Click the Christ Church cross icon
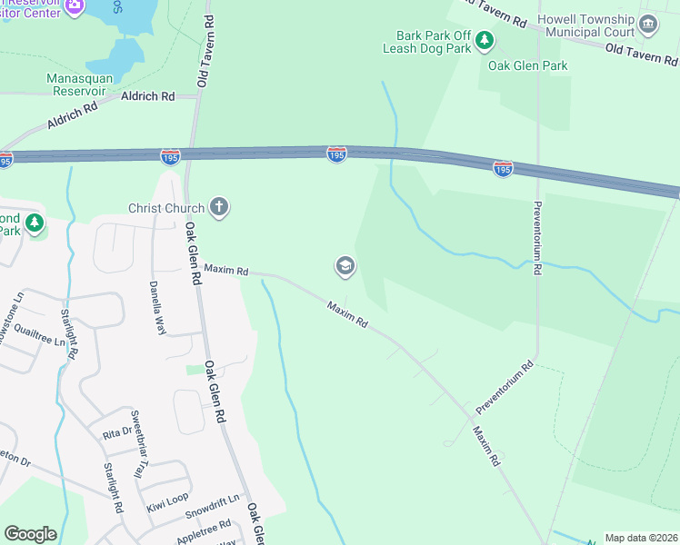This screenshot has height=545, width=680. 218,208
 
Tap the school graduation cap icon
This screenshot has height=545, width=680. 345,266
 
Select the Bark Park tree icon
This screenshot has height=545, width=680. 485,39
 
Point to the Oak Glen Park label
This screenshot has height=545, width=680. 527,65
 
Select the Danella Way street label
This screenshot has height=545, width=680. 155,308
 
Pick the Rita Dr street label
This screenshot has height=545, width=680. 116,433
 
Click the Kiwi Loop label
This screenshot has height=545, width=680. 167,499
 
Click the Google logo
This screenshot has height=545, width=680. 30,534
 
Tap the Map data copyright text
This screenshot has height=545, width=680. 641,538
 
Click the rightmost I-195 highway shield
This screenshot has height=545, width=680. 503,168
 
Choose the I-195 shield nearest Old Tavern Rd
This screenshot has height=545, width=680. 170,157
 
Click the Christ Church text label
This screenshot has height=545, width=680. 166,208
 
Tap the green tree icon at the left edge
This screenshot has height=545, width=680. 35,223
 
